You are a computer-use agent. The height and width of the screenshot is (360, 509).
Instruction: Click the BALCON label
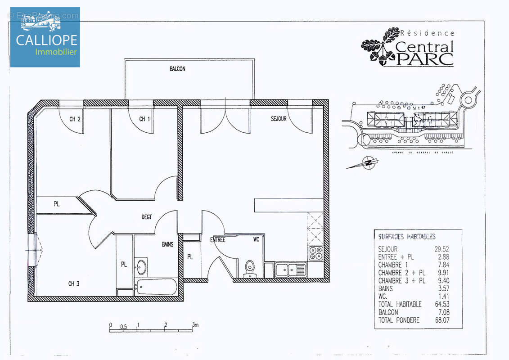click(x=177, y=69)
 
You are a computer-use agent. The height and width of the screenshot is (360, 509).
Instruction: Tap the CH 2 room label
click(x=75, y=119)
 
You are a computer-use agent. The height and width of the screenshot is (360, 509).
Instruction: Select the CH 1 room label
click(x=144, y=119)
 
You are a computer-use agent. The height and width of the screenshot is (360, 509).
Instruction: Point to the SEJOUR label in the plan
click(x=279, y=119)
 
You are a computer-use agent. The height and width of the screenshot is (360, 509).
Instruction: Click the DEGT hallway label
click(x=147, y=217)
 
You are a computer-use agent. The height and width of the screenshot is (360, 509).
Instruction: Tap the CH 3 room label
click(x=74, y=283)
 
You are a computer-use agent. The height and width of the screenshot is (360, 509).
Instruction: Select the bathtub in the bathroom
click(x=155, y=287)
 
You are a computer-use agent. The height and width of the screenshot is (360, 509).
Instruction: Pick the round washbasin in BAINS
click(x=141, y=266)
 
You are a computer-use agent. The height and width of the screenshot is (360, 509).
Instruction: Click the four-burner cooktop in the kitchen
click(x=315, y=253)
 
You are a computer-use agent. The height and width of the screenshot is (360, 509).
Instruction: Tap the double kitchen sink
click(x=291, y=270)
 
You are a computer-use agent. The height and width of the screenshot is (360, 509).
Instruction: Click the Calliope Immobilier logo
click(x=45, y=37)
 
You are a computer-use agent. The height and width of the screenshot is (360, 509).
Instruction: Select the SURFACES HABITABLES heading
click(x=406, y=236)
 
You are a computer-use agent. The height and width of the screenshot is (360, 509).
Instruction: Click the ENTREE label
click(x=217, y=240)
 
